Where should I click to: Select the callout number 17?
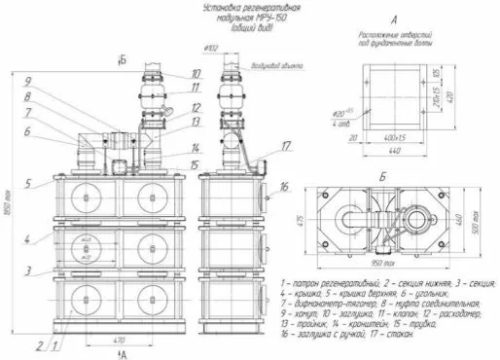coord(287,146)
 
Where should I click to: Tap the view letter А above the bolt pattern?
coord(394,18)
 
